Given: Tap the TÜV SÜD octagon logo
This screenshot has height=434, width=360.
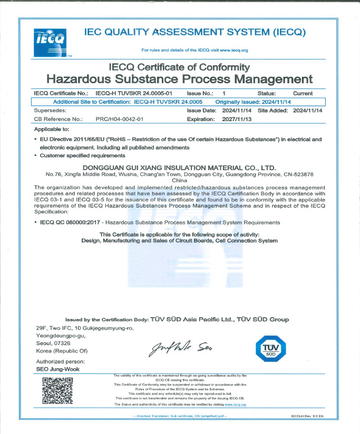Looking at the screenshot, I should pyautogui.click(x=269, y=349).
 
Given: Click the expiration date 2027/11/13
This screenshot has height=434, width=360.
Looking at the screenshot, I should pyautogui.click(x=237, y=120).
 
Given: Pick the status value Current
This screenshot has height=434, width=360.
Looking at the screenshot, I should pyautogui.click(x=303, y=93).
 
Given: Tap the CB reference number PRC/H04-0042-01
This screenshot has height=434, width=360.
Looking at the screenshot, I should pyautogui.click(x=119, y=120).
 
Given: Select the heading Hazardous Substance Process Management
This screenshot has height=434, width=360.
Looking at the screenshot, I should pyautogui.click(x=180, y=80).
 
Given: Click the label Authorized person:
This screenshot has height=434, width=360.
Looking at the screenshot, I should pyautogui.click(x=60, y=361).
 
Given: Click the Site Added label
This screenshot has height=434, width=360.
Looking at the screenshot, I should pyautogui.click(x=273, y=111).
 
